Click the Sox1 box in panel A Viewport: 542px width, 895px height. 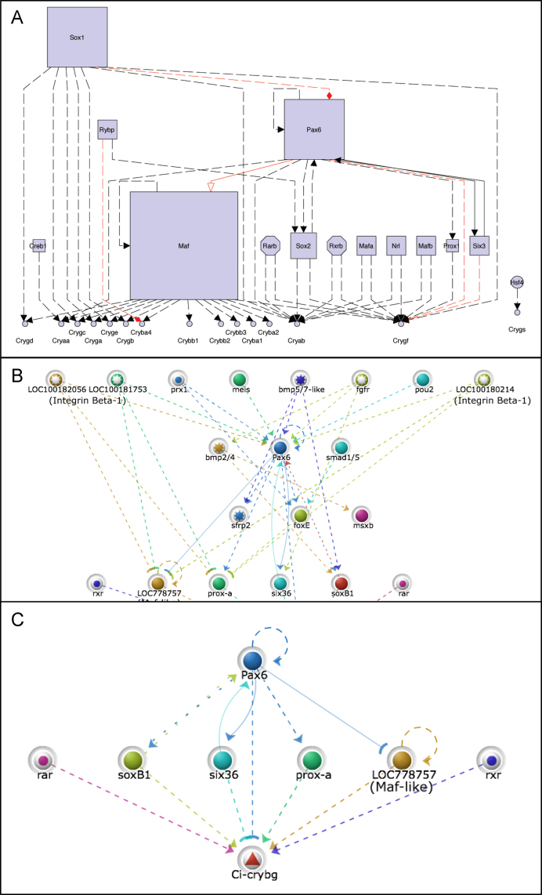77,38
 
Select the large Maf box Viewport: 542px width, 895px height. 183,245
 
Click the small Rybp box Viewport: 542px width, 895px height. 107,130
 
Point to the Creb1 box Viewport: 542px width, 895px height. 39,246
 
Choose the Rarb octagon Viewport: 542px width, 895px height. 270,245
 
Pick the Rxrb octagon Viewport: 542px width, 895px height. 336,245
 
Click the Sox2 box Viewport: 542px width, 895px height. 303,245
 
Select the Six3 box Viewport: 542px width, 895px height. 479,245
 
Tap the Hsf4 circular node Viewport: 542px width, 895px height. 517,283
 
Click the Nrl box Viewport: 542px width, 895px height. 396,245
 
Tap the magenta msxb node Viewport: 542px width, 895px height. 361,515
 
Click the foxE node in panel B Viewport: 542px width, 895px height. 301,516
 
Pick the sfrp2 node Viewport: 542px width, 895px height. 240,516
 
